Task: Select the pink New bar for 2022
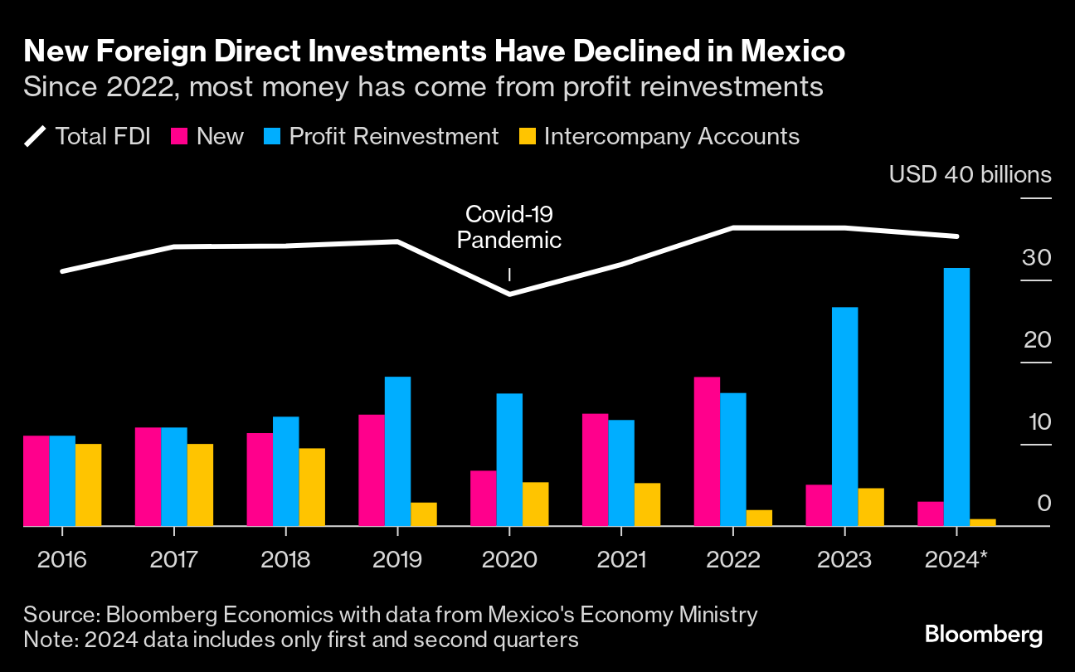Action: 707,451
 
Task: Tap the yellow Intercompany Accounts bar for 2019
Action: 423,514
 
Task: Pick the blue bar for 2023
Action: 844,416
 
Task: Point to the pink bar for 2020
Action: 483,498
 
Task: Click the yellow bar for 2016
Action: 88,485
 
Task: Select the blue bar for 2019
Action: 397,451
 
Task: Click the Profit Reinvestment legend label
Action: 393,136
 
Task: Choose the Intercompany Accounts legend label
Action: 671,136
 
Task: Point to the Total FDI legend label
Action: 102,136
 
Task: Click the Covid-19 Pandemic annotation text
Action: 508,227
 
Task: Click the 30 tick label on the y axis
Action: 1036,258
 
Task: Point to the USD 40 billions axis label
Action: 970,175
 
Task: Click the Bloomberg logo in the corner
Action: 984,635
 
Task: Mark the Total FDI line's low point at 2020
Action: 508,294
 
